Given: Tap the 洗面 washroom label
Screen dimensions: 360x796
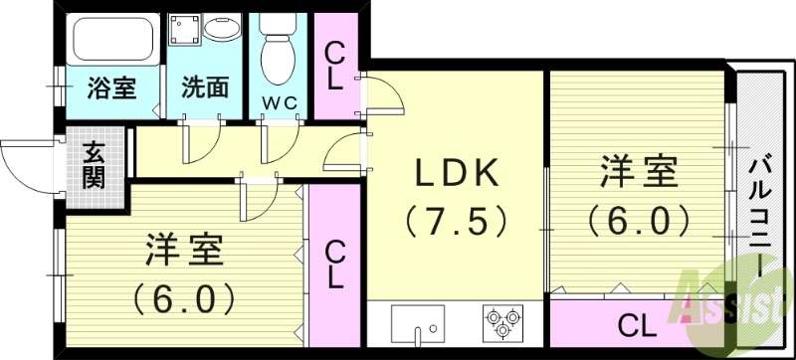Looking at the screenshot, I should pos(205,88).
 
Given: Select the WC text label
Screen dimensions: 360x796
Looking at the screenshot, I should pos(280,101).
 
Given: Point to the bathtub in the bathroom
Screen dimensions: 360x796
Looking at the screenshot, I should pos(112,39).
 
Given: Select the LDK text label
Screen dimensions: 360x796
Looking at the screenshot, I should pos(455,174).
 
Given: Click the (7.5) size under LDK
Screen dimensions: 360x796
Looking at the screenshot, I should pos(455,218).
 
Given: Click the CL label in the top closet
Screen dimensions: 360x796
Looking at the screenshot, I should pos(335,65).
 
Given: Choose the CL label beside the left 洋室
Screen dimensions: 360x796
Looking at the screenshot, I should pos(336,263).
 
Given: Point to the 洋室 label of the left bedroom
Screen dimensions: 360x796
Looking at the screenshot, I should pos(184,248).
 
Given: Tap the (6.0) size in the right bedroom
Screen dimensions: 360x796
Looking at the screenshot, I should pos(639,218).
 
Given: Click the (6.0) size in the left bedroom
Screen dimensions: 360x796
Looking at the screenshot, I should pos(184,295).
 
